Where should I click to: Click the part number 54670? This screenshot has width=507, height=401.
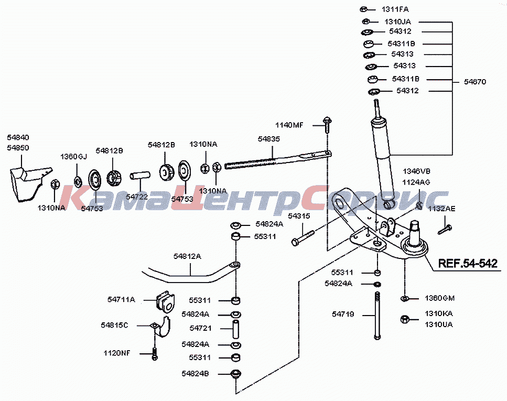(x=474, y=82)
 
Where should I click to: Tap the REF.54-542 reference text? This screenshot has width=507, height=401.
(x=468, y=264)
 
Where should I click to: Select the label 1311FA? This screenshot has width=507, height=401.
(x=395, y=9)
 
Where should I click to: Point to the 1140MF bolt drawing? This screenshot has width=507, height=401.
(x=327, y=124)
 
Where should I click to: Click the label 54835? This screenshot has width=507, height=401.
(x=268, y=139)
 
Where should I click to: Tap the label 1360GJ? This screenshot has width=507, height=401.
(x=74, y=157)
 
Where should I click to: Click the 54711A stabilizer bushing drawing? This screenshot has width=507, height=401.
(x=166, y=302)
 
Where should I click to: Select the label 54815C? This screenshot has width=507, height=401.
(x=114, y=326)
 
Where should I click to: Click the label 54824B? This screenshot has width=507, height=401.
(x=195, y=374)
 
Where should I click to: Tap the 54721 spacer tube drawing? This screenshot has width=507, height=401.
(x=236, y=329)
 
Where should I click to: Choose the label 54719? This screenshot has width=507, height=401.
(x=343, y=315)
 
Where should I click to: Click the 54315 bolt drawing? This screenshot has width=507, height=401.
(x=303, y=237)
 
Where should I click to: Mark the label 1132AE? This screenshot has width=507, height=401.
(x=441, y=209)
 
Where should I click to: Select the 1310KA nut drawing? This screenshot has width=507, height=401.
(x=405, y=320)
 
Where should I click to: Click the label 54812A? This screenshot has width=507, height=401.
(x=187, y=256)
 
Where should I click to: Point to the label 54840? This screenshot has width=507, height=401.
(x=18, y=137)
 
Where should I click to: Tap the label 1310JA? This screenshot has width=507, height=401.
(x=397, y=21)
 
